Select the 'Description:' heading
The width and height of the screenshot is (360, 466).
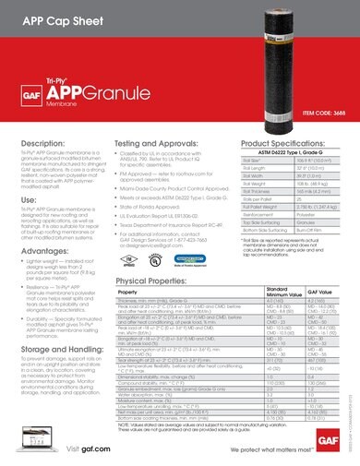pyautogui.click(x=43, y=145)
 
